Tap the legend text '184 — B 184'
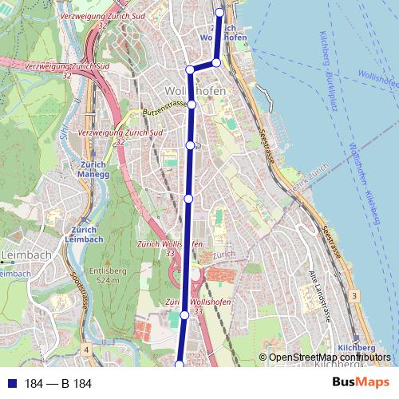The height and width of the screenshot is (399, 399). click(57, 384)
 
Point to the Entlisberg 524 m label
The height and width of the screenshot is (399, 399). click(104, 276)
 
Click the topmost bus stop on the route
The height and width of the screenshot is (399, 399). click(220, 11)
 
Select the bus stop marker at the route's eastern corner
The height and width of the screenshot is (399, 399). click(216, 61)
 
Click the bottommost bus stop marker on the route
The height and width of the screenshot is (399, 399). click(180, 365)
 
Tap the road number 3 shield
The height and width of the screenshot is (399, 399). click(353, 296)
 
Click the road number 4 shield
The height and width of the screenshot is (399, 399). click(85, 350)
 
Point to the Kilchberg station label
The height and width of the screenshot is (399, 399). click(356, 349)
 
